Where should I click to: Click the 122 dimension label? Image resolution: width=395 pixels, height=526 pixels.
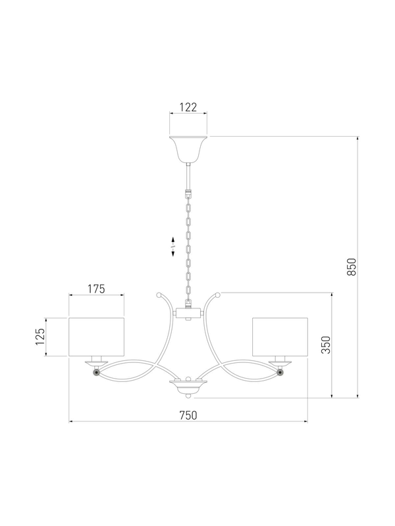[188, 107]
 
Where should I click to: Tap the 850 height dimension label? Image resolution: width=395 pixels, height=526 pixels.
[351, 267]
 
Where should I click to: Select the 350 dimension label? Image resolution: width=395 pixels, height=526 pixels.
[326, 345]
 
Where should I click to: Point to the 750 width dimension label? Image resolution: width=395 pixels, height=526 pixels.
[188, 416]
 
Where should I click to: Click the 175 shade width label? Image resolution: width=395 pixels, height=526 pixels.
[96, 289]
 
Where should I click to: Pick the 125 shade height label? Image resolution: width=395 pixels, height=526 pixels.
[40, 337]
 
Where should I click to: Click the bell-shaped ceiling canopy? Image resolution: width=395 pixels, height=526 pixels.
[188, 149]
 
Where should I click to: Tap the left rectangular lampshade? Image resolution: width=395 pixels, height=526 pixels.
[96, 337]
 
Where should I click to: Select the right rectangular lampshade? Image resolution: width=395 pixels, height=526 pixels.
[280, 337]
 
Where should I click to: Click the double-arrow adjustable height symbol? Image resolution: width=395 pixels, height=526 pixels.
[173, 247]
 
